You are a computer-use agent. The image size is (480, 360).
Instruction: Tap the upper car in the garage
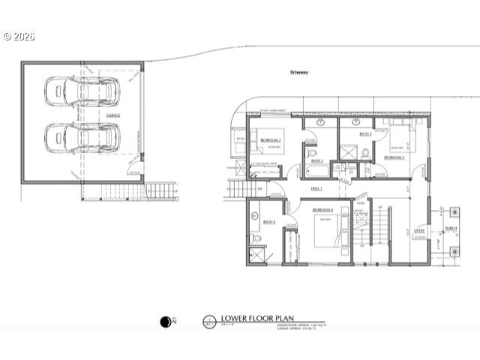pos(80,91)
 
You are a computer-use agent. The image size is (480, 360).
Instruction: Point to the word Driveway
pos(300,72)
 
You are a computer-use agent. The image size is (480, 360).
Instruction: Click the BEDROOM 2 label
pos(271,140)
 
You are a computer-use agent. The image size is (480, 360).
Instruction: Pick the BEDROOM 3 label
pos(394,157)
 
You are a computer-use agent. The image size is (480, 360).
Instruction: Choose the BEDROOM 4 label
pos(323,209)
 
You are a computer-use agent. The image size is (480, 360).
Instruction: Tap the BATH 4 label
pos(269,222)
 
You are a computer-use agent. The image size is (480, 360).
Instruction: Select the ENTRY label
pos(418,231)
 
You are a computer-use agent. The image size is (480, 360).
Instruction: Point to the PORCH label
pos(451,228)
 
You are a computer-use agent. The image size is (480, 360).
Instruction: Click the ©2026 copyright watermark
pos(19,35)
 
